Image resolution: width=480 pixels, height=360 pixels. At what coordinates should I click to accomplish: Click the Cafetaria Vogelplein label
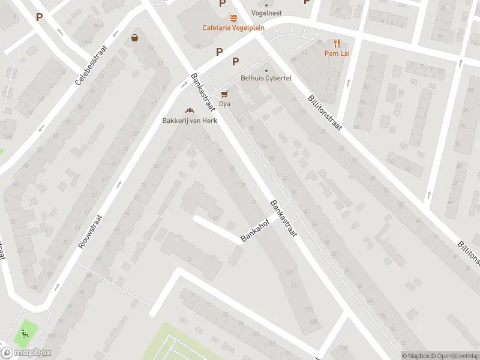pyautogui.click(x=233, y=28)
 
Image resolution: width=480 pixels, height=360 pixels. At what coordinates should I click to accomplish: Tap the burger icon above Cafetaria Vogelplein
pyautogui.click(x=233, y=17)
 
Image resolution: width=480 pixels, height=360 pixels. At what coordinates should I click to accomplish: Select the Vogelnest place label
pyautogui.click(x=266, y=13)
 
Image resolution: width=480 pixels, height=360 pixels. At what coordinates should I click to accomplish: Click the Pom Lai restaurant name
pyautogui.click(x=337, y=53)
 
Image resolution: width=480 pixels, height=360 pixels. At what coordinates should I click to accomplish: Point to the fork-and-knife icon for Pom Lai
pyautogui.click(x=337, y=43)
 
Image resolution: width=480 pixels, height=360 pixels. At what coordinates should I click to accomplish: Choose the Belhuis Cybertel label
pyautogui.click(x=266, y=79)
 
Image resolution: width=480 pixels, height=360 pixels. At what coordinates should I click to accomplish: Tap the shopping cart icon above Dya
pyautogui.click(x=224, y=94)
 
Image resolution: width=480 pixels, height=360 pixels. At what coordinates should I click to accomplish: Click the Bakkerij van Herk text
pyautogui.click(x=190, y=120)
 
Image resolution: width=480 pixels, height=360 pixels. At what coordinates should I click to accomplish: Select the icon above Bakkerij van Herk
pyautogui.click(x=190, y=110)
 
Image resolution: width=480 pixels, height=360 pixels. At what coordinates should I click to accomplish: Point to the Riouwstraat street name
pyautogui.click(x=91, y=232)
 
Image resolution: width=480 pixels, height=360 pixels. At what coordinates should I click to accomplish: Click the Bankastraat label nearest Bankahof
pyautogui.click(x=283, y=218)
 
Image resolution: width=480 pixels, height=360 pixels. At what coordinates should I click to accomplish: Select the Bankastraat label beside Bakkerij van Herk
pyautogui.click(x=203, y=92)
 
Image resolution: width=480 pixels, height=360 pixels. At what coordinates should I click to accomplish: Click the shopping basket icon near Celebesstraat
pyautogui.click(x=134, y=38)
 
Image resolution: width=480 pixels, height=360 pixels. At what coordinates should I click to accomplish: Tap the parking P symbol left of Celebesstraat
pyautogui.click(x=40, y=17)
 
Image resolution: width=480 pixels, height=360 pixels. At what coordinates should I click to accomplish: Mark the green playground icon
pyautogui.click(x=25, y=331)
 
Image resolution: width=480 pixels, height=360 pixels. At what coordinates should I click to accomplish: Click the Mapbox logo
pyautogui.click(x=26, y=352)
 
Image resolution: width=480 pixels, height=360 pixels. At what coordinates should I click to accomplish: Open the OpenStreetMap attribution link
pyautogui.click(x=454, y=356)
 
